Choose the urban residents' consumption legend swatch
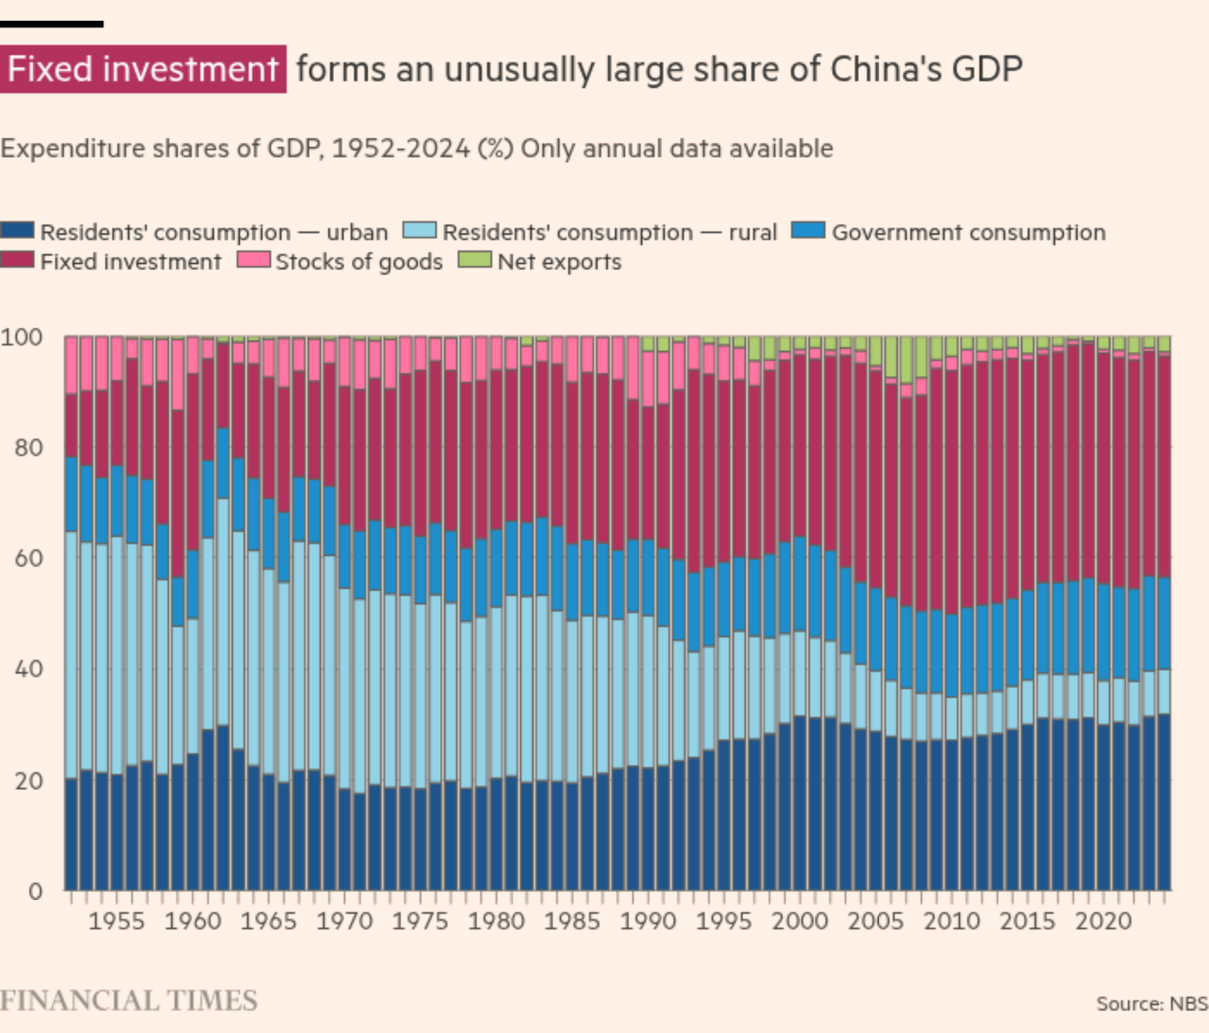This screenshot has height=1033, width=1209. coord(18,231)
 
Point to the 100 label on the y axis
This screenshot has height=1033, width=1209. coord(22,337)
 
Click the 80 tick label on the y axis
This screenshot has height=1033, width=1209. coord(28,448)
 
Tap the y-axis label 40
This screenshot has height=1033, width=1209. coord(28,669)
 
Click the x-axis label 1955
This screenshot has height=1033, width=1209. coord(116,922)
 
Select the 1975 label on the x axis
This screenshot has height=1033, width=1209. coord(420,922)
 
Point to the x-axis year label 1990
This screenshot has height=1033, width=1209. coord(648,922)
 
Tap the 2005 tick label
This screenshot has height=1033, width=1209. coord(875,922)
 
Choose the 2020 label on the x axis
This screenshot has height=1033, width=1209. coord(1103,922)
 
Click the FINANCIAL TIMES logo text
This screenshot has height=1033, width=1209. coord(128,1000)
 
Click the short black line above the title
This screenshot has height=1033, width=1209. coord(51,24)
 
